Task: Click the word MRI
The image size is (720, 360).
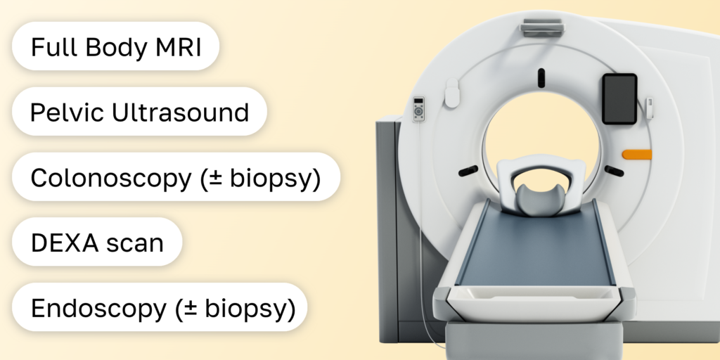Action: click(x=178, y=46)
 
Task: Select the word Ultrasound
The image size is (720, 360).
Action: click(x=181, y=112)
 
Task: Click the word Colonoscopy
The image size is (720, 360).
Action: click(x=110, y=178)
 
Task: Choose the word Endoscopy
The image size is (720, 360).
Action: click(x=98, y=309)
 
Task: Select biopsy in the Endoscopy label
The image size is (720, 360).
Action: click(x=247, y=309)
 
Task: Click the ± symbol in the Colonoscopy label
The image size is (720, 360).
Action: click(x=216, y=178)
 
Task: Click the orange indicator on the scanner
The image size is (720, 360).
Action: click(x=637, y=154)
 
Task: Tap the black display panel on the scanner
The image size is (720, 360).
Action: click(x=619, y=98)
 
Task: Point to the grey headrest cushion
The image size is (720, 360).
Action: click(x=539, y=199)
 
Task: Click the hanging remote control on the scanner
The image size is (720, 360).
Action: click(x=418, y=109)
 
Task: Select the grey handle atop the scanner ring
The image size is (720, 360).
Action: click(x=542, y=27)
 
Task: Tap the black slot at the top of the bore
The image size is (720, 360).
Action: click(x=541, y=78)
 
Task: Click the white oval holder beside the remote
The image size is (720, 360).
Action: click(x=452, y=94)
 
